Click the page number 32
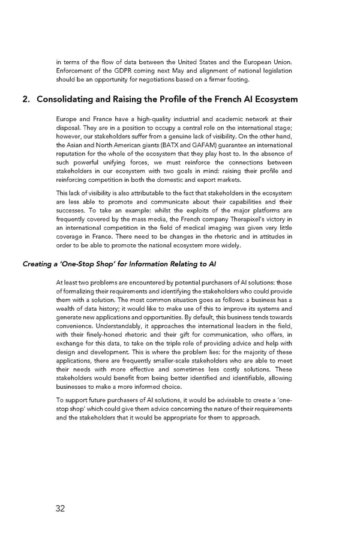click(x=60, y=509)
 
